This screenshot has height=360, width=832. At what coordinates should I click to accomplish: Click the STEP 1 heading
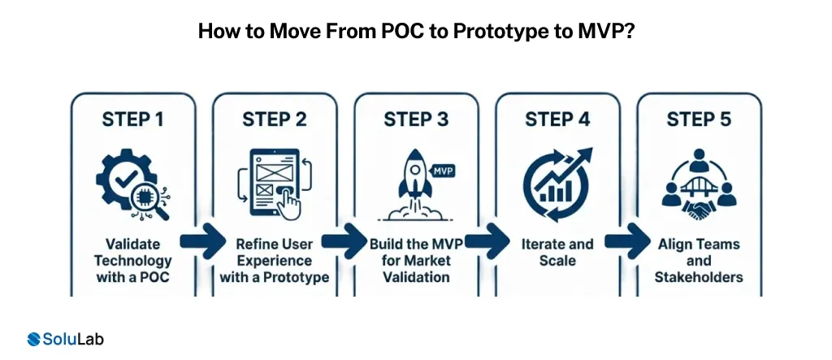pyautogui.click(x=132, y=119)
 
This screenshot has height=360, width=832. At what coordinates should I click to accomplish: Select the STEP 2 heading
pyautogui.click(x=275, y=119)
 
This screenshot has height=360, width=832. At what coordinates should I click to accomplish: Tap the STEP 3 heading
pyautogui.click(x=416, y=119)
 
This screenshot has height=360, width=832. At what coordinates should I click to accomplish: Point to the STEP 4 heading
pyautogui.click(x=557, y=119)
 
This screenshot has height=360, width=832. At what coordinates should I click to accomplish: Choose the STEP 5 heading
pyautogui.click(x=699, y=119)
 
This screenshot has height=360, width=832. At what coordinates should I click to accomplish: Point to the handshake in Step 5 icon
pyautogui.click(x=698, y=208)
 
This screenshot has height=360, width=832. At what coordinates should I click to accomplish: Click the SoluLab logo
pyautogui.click(x=64, y=339)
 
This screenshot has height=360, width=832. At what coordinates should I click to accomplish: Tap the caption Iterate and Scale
pyautogui.click(x=557, y=253)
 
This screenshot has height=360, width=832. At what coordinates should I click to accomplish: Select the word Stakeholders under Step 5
pyautogui.click(x=699, y=277)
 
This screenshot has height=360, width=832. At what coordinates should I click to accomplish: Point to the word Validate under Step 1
pyautogui.click(x=132, y=245)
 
